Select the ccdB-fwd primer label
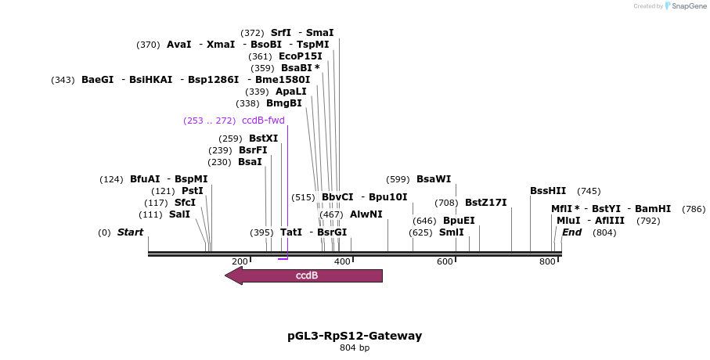click(263, 121)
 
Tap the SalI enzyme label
click(179, 214)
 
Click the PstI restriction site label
click(192, 191)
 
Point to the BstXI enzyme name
click(263, 139)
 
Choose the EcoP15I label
click(300, 56)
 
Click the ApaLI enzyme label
click(291, 92)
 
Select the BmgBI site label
click(283, 103)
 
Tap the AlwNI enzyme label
click(366, 214)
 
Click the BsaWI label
click(433, 179)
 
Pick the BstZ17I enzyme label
click(485, 203)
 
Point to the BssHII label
click(548, 191)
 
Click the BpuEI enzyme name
click(459, 221)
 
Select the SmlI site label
click(451, 232)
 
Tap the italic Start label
click(130, 232)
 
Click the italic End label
click(571, 232)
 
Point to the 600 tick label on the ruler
click(445, 261)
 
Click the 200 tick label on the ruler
click(240, 261)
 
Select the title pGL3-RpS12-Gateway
click(355, 336)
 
